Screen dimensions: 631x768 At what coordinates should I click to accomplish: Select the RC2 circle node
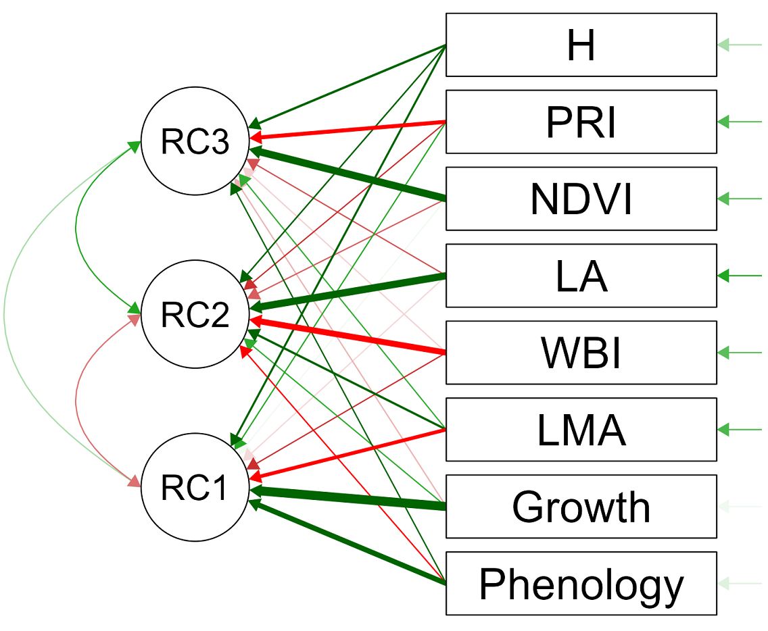195,315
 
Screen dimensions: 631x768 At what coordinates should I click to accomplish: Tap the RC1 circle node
195,488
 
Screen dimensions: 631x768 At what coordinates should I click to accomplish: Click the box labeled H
581,45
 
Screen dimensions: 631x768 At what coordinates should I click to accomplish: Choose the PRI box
581,122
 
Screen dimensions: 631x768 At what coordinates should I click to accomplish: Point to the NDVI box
581,199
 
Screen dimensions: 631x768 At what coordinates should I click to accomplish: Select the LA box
581,276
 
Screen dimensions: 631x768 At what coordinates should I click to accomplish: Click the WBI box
581,353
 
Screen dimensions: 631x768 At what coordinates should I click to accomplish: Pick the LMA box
581,430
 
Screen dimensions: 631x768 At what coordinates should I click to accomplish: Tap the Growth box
581,507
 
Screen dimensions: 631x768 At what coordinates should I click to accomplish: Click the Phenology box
581,584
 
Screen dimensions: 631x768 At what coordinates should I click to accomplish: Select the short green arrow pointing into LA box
740,276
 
